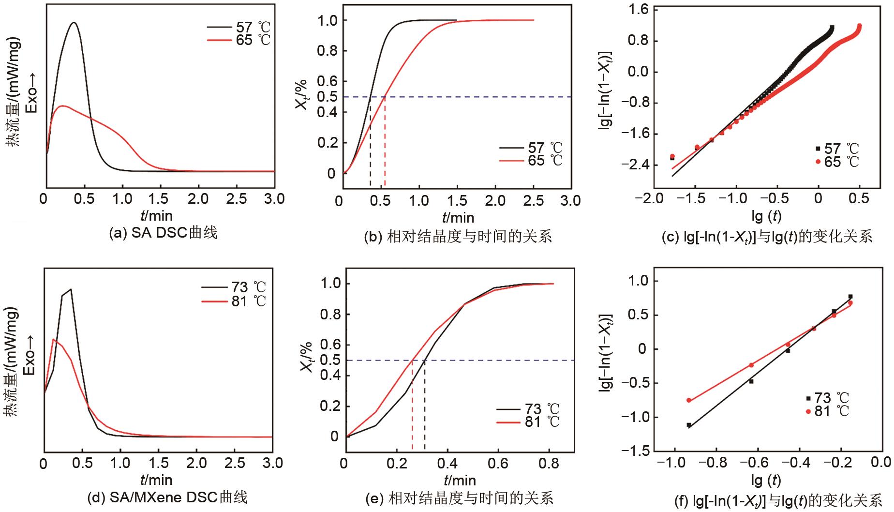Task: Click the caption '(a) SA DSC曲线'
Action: coord(164,233)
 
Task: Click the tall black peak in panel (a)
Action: coord(74,23)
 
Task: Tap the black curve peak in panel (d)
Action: coord(71,289)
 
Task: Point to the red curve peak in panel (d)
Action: coord(53,339)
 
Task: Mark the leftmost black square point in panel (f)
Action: coord(689,425)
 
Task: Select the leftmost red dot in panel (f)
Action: coord(689,400)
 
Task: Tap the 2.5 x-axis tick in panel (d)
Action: coord(235,463)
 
